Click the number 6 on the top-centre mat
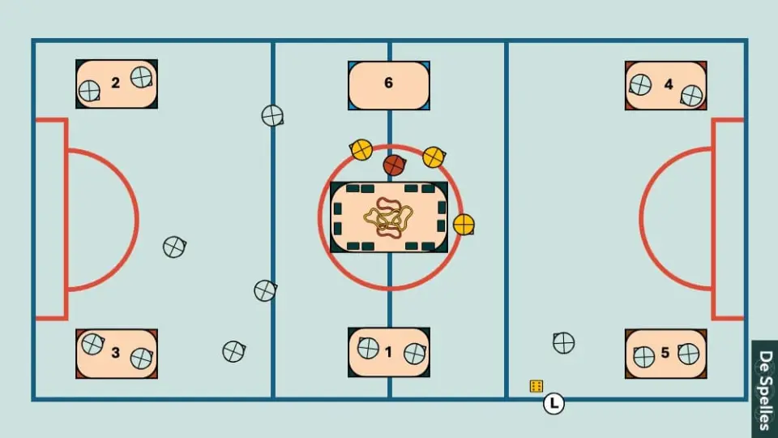[388, 83]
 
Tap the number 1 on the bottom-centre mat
[388, 352]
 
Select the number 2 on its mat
[116, 83]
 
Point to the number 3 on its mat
[116, 353]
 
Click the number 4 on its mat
[669, 84]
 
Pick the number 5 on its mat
[665, 353]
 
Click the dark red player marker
[394, 165]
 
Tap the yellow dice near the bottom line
[536, 386]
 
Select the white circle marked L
[554, 403]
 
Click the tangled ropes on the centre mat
[388, 217]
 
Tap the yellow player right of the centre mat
[464, 225]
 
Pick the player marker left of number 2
[90, 91]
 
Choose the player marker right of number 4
[691, 96]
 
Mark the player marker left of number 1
[368, 348]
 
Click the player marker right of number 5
[689, 354]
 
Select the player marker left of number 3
[92, 344]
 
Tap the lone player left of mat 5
[564, 342]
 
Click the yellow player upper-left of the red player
[361, 149]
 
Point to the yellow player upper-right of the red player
[434, 157]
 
